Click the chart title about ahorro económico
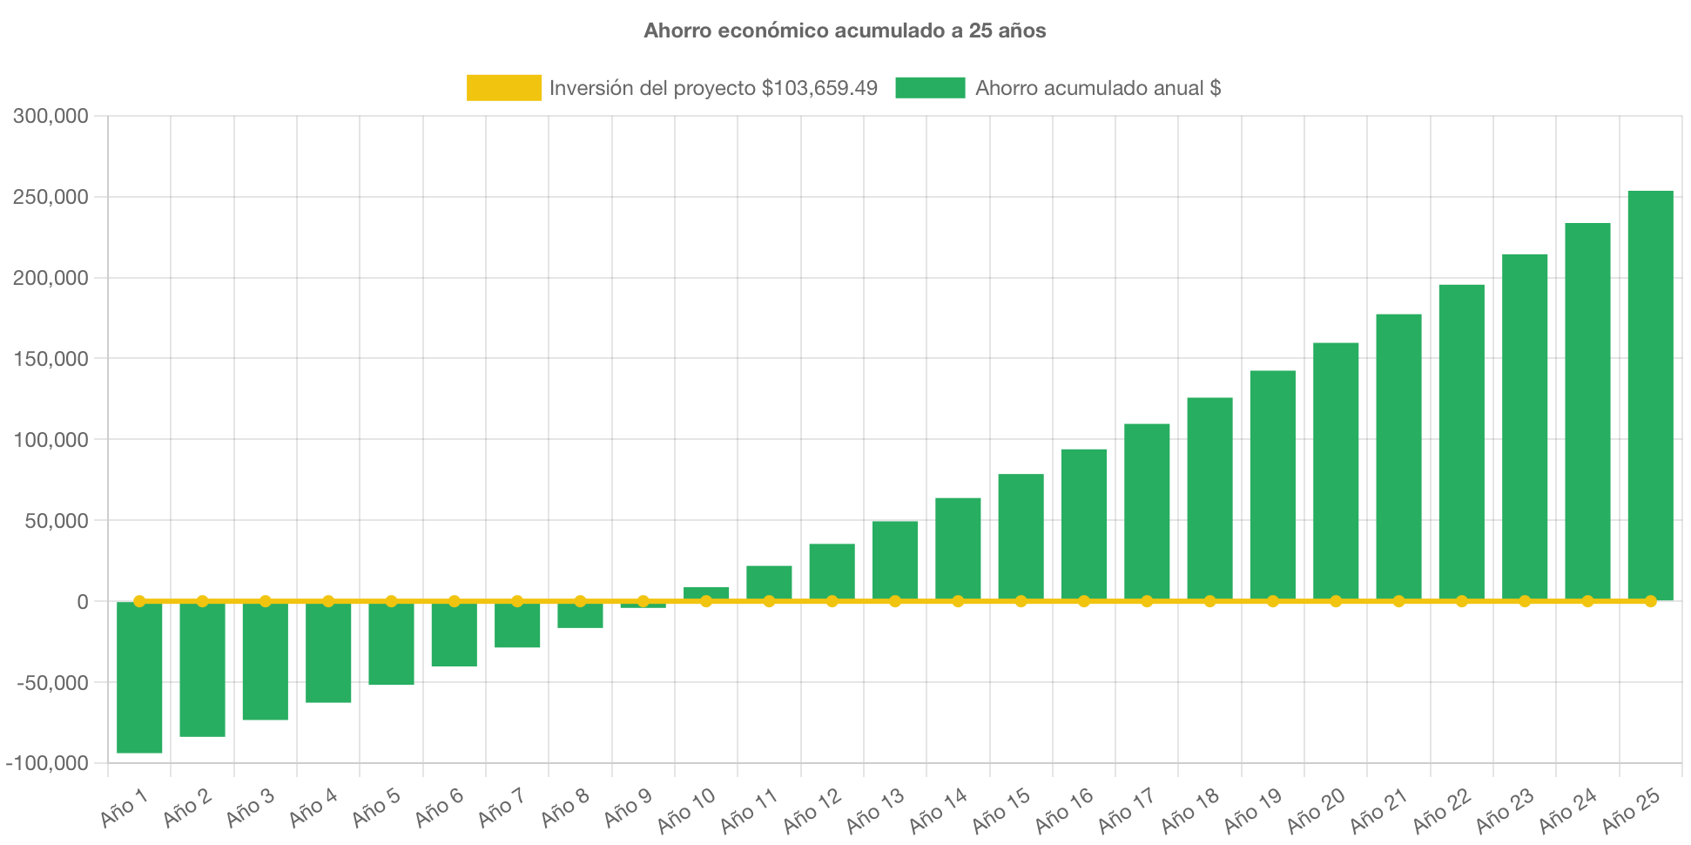click(845, 30)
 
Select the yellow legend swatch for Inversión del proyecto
click(503, 88)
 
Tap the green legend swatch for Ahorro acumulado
click(930, 88)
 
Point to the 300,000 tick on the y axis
click(51, 116)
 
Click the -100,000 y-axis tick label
click(48, 763)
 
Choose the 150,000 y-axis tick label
click(51, 359)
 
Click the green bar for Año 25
click(1650, 395)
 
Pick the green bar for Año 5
click(391, 644)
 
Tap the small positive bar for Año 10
click(706, 593)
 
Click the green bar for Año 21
click(1398, 457)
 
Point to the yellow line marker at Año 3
click(266, 601)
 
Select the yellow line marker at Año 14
click(958, 601)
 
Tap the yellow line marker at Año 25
click(1650, 601)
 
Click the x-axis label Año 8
click(565, 808)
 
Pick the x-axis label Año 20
click(1316, 809)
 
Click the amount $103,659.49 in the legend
click(819, 88)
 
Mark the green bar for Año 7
click(517, 625)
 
